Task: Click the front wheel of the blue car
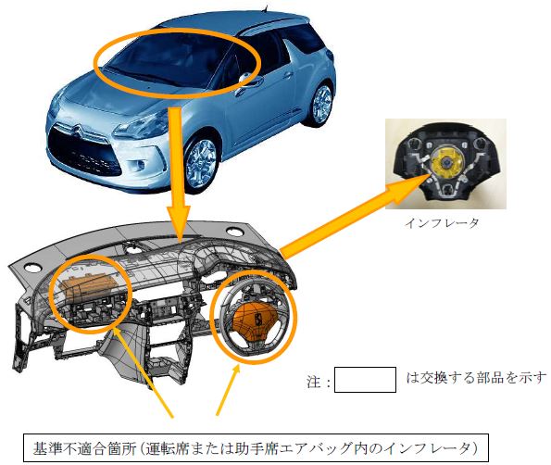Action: click(x=201, y=161)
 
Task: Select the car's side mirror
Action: click(x=244, y=78)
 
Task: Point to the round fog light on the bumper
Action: click(x=140, y=165)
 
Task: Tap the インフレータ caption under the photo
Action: click(x=442, y=223)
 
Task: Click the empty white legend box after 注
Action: click(x=365, y=380)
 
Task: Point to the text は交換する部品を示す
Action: click(x=476, y=378)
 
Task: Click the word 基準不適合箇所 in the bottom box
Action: click(x=84, y=448)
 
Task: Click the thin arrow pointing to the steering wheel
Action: click(x=228, y=390)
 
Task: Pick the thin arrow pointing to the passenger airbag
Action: click(x=144, y=372)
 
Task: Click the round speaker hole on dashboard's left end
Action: click(x=33, y=269)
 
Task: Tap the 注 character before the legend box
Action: click(x=314, y=381)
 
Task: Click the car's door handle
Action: click(x=288, y=74)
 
